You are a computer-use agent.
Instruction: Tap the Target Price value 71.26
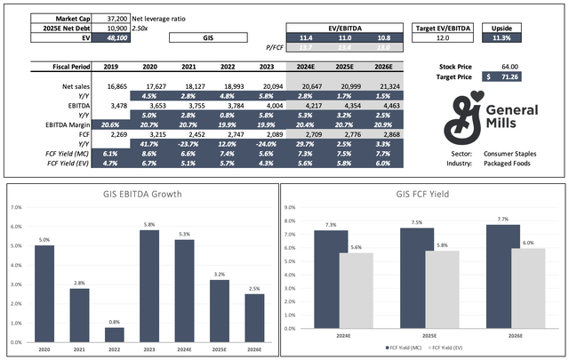(514, 78)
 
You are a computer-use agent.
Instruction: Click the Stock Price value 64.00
(517, 67)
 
